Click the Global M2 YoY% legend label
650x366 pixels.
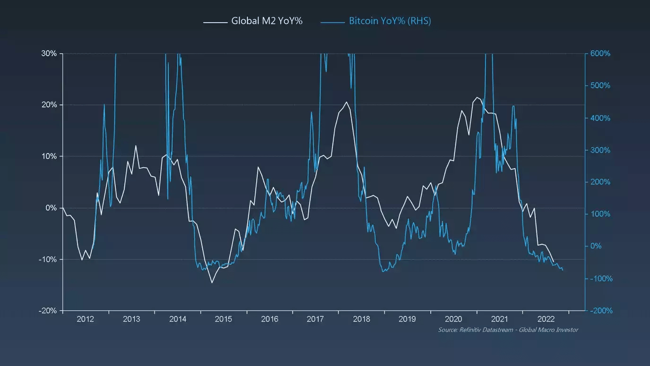267,21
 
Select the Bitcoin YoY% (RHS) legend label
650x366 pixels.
390,21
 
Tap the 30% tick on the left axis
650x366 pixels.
49,53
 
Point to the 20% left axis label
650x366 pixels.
49,105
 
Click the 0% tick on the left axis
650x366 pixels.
51,208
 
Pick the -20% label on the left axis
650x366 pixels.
48,311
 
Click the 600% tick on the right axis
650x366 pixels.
600,54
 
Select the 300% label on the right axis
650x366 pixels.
600,150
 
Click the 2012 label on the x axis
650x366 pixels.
85,319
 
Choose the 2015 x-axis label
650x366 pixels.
224,319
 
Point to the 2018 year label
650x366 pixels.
362,319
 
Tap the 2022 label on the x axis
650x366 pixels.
546,319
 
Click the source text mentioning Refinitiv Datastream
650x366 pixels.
508,330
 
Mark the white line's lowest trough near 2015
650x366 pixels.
212,283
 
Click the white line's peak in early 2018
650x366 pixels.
347,102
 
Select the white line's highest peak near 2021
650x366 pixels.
477,97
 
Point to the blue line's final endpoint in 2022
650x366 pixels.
563,270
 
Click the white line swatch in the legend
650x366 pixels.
215,22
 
